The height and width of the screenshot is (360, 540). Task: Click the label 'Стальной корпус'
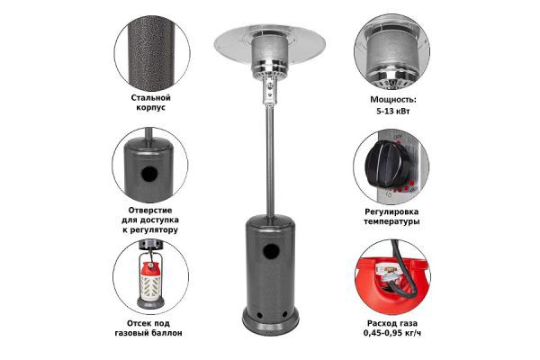coord(151,103)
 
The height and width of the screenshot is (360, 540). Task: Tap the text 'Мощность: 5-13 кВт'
coord(393,105)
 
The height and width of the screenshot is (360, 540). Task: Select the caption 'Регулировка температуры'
coord(391,216)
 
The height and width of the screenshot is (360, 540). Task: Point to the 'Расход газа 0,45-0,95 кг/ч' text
coord(392,328)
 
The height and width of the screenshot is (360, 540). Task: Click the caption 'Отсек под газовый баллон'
coord(148,328)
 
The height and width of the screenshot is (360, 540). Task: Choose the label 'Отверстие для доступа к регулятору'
coord(150,220)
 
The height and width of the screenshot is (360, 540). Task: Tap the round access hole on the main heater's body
coord(271,251)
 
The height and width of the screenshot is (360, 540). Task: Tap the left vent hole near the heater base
coord(260,315)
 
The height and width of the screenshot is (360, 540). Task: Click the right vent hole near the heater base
coord(284,314)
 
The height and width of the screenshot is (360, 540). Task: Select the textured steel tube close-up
coord(151,53)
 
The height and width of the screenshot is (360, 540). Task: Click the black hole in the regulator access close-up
coord(149,175)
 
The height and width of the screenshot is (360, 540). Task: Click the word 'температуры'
coord(391,221)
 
